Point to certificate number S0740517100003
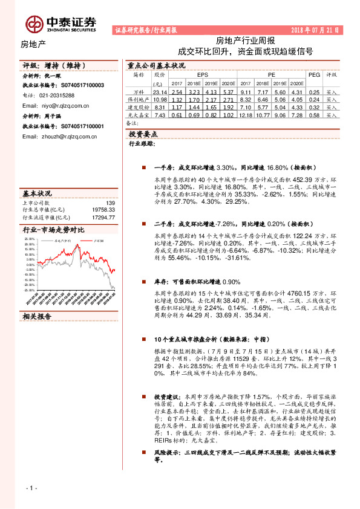tap(82, 86)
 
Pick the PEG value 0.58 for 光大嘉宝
tap(314, 114)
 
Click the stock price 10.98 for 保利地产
tap(160, 99)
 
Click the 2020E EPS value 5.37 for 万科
tap(227, 91)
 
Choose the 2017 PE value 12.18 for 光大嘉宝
tap(245, 114)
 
